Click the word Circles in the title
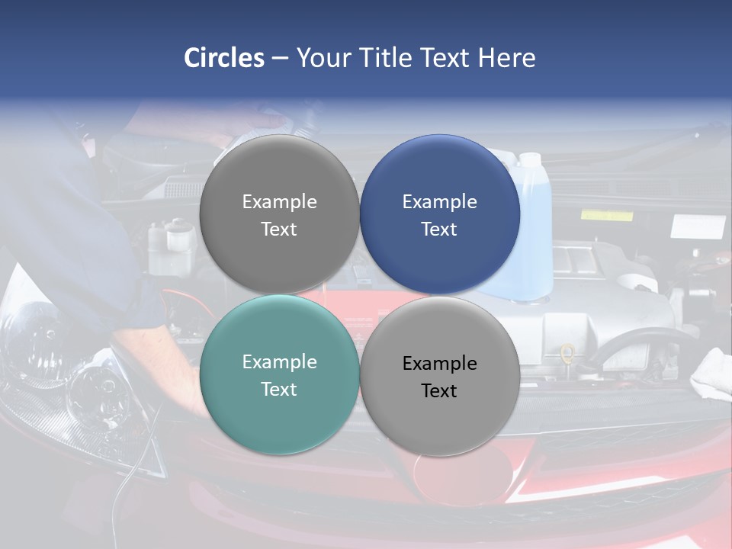223,58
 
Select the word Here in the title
506,58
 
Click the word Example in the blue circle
439,202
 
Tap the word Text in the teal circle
279,389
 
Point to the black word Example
439,363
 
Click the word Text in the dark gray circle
279,229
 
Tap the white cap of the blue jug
529,160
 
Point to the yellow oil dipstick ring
567,353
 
